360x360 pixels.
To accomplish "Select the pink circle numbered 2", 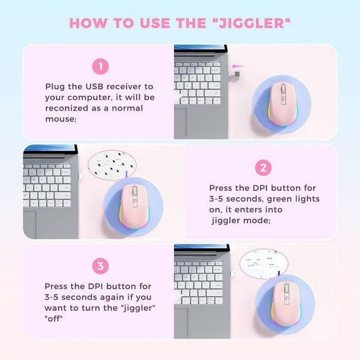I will pos(263,168).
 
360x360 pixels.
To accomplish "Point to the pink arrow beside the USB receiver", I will pos(237,65).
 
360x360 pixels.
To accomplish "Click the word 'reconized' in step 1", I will pos(68,108).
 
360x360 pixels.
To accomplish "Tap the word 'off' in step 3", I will pos(57,317).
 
